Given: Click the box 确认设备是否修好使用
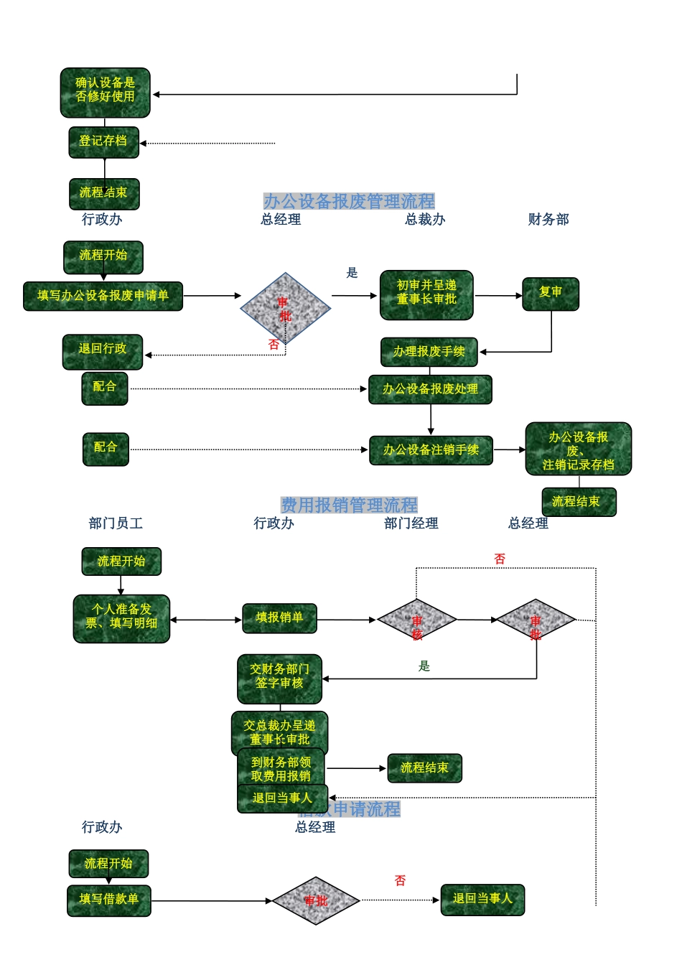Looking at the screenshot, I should click(x=105, y=92).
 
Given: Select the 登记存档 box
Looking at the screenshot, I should click(x=103, y=142).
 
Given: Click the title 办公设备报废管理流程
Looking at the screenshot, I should click(x=349, y=201).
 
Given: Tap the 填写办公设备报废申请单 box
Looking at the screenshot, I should click(x=103, y=296).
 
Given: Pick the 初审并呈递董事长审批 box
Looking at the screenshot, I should click(x=426, y=294).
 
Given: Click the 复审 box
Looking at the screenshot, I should click(x=551, y=294).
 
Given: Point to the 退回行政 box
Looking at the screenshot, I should click(x=103, y=351).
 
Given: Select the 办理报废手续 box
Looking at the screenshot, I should click(x=429, y=352).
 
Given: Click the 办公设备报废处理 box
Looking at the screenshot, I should click(x=430, y=389).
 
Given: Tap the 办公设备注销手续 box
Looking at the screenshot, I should click(x=431, y=450).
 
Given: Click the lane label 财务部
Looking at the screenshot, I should click(x=548, y=220).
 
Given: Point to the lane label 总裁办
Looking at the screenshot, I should click(x=425, y=220).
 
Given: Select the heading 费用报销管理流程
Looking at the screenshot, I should click(x=349, y=505).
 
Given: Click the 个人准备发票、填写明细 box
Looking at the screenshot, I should click(x=121, y=618).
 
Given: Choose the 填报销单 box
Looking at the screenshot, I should click(x=279, y=618).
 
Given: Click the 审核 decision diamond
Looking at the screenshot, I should click(x=417, y=620).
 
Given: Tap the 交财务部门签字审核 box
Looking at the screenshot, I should click(x=279, y=678).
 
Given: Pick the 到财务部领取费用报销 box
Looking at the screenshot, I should click(x=281, y=769).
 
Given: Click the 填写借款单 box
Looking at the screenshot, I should click(x=109, y=900).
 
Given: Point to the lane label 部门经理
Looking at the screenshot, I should click(x=411, y=523).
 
